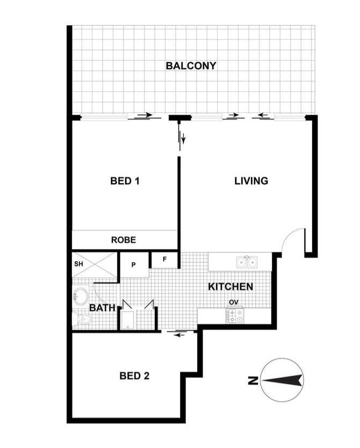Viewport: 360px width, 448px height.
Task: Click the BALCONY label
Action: click(x=191, y=66)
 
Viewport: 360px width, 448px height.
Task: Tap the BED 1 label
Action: click(x=125, y=181)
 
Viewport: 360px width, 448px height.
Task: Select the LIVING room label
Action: click(x=251, y=181)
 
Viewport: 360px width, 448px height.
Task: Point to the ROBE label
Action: click(x=124, y=240)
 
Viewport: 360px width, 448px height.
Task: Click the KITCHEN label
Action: click(x=231, y=286)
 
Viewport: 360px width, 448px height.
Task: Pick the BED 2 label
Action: click(x=134, y=375)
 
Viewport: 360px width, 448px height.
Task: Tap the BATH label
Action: click(x=102, y=308)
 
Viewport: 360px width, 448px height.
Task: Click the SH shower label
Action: click(x=78, y=264)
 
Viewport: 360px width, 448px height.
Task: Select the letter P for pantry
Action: click(x=133, y=265)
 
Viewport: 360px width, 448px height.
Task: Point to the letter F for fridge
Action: click(x=164, y=259)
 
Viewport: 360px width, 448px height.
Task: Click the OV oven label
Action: click(x=234, y=302)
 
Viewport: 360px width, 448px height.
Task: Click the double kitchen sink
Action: click(x=247, y=262)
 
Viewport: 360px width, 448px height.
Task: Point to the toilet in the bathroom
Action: click(x=82, y=319)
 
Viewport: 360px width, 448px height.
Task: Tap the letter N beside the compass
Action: click(x=253, y=380)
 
